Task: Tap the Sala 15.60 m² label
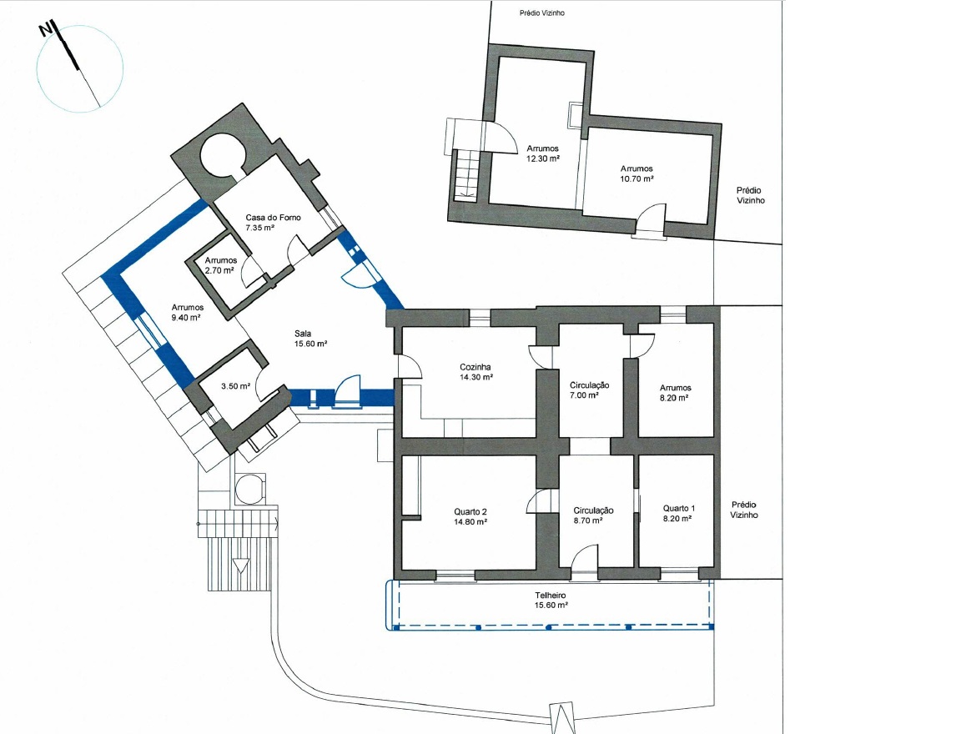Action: point(310,339)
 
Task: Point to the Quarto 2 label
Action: point(470,516)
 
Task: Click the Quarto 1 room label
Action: point(678,513)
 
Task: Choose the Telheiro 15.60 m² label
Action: point(551,600)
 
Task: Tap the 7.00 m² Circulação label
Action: point(589,390)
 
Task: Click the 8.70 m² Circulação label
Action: point(593,515)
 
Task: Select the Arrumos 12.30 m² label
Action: point(542,153)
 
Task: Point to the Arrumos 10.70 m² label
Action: point(636,173)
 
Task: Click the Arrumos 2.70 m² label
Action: point(220,265)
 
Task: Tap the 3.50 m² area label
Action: point(235,386)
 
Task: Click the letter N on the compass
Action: point(44,31)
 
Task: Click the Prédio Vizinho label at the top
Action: point(541,13)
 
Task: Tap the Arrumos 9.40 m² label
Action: point(188,313)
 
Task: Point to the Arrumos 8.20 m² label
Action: point(676,392)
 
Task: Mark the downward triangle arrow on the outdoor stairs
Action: point(241,565)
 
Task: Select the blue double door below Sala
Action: point(348,391)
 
